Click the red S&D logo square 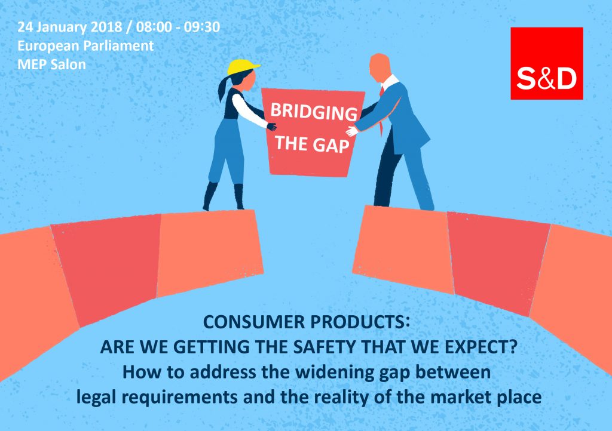pyautogui.click(x=546, y=63)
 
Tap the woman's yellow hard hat pyautogui.click(x=243, y=67)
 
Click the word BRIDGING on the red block pyautogui.click(x=314, y=112)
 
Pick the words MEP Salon pyautogui.click(x=51, y=64)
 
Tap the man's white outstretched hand pyautogui.click(x=351, y=131)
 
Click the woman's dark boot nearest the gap pyautogui.click(x=239, y=196)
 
